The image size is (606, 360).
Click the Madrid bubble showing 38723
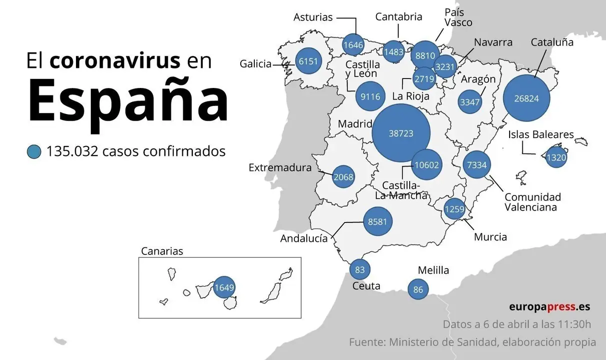pyautogui.click(x=401, y=133)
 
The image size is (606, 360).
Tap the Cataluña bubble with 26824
pyautogui.click(x=527, y=98)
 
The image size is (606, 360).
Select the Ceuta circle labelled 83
pyautogui.click(x=360, y=269)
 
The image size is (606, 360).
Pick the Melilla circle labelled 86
pyautogui.click(x=418, y=289)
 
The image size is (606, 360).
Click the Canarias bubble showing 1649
pyautogui.click(x=224, y=287)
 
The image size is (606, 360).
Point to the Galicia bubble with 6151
pyautogui.click(x=308, y=61)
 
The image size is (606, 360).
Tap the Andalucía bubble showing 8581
pyautogui.click(x=377, y=221)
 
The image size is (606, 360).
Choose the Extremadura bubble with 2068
pyautogui.click(x=343, y=176)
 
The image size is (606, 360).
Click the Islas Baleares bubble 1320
pyautogui.click(x=556, y=157)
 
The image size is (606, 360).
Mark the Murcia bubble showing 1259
pyautogui.click(x=455, y=208)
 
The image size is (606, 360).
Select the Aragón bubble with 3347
pyautogui.click(x=470, y=102)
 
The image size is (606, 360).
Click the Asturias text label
pyautogui.click(x=313, y=17)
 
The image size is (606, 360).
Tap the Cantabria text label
pyautogui.click(x=399, y=16)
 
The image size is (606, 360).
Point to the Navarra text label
pyautogui.click(x=494, y=42)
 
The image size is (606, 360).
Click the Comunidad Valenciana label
pyautogui.click(x=533, y=202)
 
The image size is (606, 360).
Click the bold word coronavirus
pyautogui.click(x=115, y=60)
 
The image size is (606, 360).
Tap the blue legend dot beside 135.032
pyautogui.click(x=34, y=151)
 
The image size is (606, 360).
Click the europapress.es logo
pyautogui.click(x=550, y=306)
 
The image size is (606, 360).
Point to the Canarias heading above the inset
pyautogui.click(x=162, y=251)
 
